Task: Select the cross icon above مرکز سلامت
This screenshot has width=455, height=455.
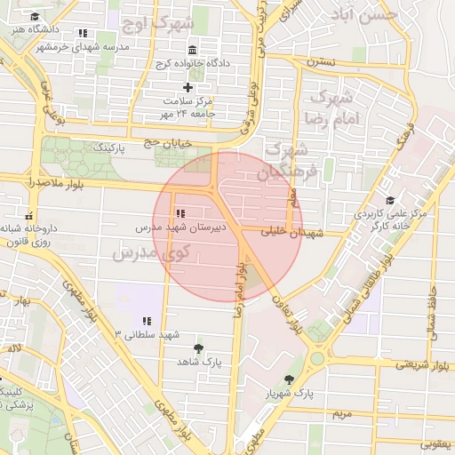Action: tap(188, 87)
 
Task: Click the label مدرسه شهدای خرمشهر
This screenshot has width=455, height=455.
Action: tap(87, 45)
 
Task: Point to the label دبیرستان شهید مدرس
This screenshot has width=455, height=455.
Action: tap(180, 227)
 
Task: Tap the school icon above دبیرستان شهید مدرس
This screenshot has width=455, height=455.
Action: tap(180, 213)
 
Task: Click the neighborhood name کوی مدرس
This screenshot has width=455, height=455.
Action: tap(148, 253)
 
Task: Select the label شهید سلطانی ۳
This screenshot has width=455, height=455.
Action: tap(147, 333)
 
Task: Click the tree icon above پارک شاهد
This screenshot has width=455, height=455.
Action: tap(197, 348)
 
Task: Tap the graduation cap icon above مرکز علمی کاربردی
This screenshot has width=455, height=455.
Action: tap(390, 200)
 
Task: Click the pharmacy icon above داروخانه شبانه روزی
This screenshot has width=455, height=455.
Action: tap(29, 214)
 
